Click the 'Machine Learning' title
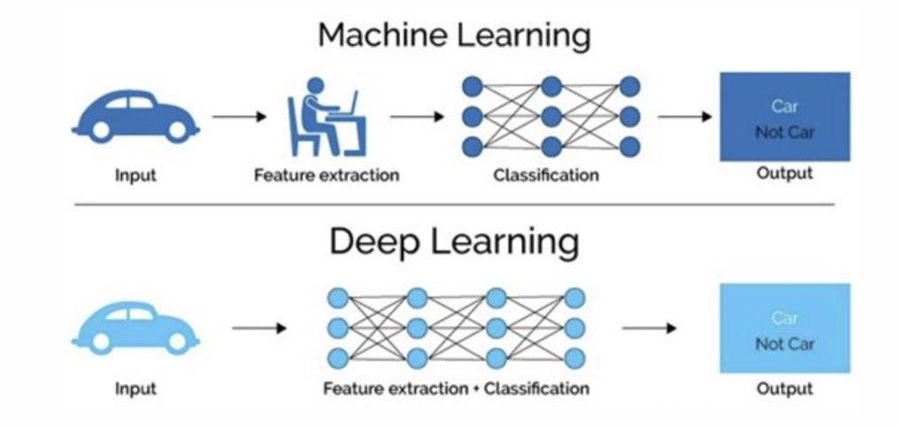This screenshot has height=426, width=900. pos(454,35)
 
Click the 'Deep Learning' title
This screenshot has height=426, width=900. pos(454,242)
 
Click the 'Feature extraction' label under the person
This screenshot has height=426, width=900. pos(327,174)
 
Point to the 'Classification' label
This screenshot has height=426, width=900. pos(546,174)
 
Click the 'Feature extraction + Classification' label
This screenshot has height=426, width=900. pos(456,388)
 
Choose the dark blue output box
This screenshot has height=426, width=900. pos(784,117)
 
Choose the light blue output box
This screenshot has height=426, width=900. pos(784,329)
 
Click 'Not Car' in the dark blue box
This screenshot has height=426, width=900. pos(784,132)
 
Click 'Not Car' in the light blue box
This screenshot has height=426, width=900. pos(784,344)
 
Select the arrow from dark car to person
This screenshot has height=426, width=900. pos(239,116)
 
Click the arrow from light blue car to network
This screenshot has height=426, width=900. pos(259,329)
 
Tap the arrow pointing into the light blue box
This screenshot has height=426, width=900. pos(650,329)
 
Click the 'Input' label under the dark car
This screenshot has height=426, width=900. pos(135,174)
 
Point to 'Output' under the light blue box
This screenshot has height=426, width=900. pos(784,388)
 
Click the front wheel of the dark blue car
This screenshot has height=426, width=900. pos(177,130)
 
